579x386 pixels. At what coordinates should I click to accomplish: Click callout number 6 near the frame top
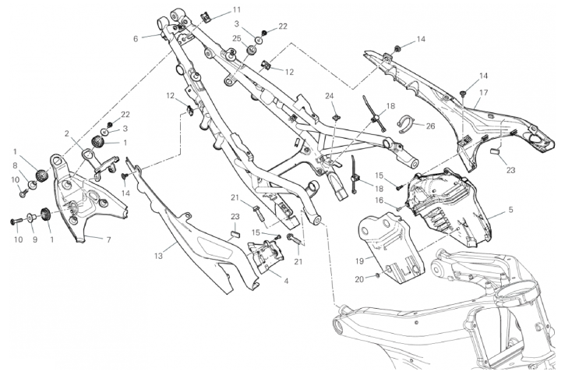tap(136, 37)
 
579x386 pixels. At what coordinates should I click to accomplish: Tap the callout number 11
tap(214, 10)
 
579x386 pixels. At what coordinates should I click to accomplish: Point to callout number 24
tap(330, 96)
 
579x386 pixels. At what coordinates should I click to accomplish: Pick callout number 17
tap(483, 92)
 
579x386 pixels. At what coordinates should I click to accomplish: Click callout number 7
tap(108, 239)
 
